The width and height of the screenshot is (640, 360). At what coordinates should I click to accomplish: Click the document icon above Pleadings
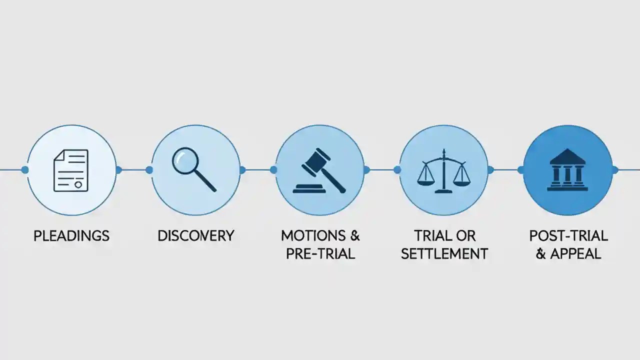point(70,170)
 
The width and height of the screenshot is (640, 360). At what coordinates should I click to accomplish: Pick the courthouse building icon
point(567,170)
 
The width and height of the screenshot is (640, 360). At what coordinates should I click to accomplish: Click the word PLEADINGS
point(71,236)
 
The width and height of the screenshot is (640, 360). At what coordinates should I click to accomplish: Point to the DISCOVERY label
point(195,236)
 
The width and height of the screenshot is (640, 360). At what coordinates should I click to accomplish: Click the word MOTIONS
point(313,235)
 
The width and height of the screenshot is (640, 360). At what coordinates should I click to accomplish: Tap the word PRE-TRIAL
point(320,253)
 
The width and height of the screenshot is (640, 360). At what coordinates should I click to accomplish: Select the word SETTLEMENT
point(444,253)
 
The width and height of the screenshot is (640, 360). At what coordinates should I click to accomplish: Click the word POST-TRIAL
point(568,235)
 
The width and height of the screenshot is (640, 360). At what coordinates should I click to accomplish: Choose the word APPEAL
point(575,253)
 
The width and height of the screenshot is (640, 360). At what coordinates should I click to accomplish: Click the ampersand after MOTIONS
point(354,235)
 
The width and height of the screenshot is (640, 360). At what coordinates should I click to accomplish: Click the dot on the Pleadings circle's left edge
point(25,170)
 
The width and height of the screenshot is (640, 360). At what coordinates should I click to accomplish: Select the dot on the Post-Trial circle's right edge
point(615,170)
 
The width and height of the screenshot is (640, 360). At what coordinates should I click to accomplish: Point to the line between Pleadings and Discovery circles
point(134,170)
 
